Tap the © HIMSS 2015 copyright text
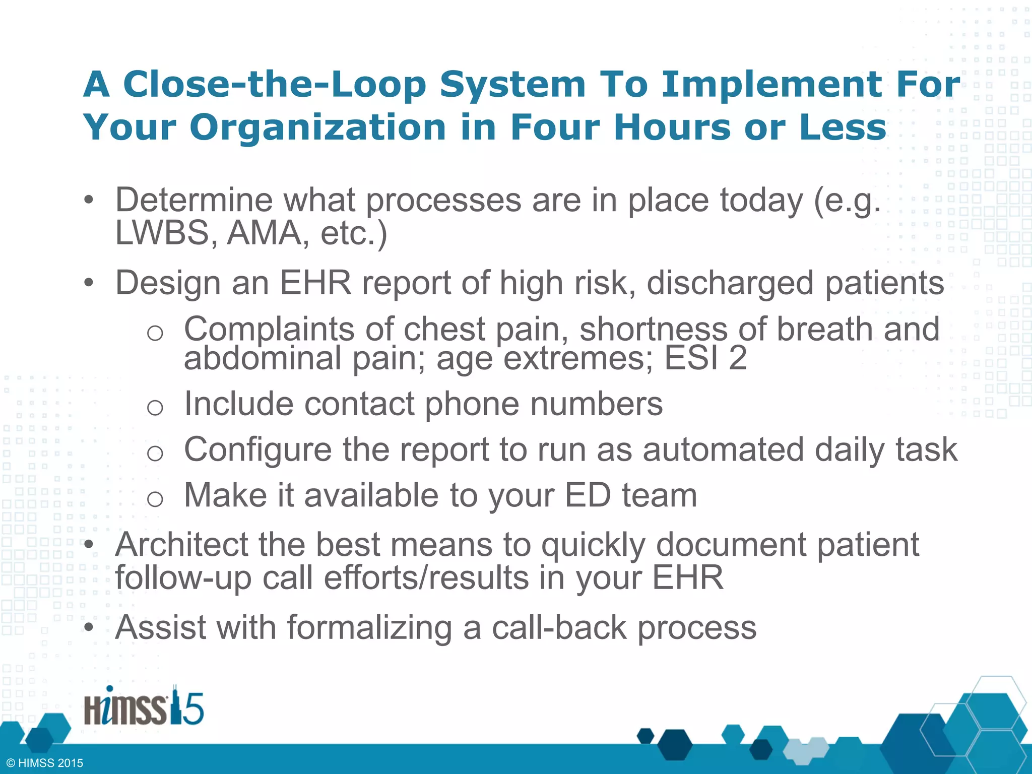pos(45,763)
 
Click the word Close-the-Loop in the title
pos(275,84)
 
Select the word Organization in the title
pos(317,127)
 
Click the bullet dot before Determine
pos(89,200)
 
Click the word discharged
pos(730,283)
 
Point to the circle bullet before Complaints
pos(155,333)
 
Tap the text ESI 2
pos(705,358)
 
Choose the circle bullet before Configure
pos(155,453)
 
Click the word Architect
pos(181,545)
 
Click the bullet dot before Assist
pos(89,628)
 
